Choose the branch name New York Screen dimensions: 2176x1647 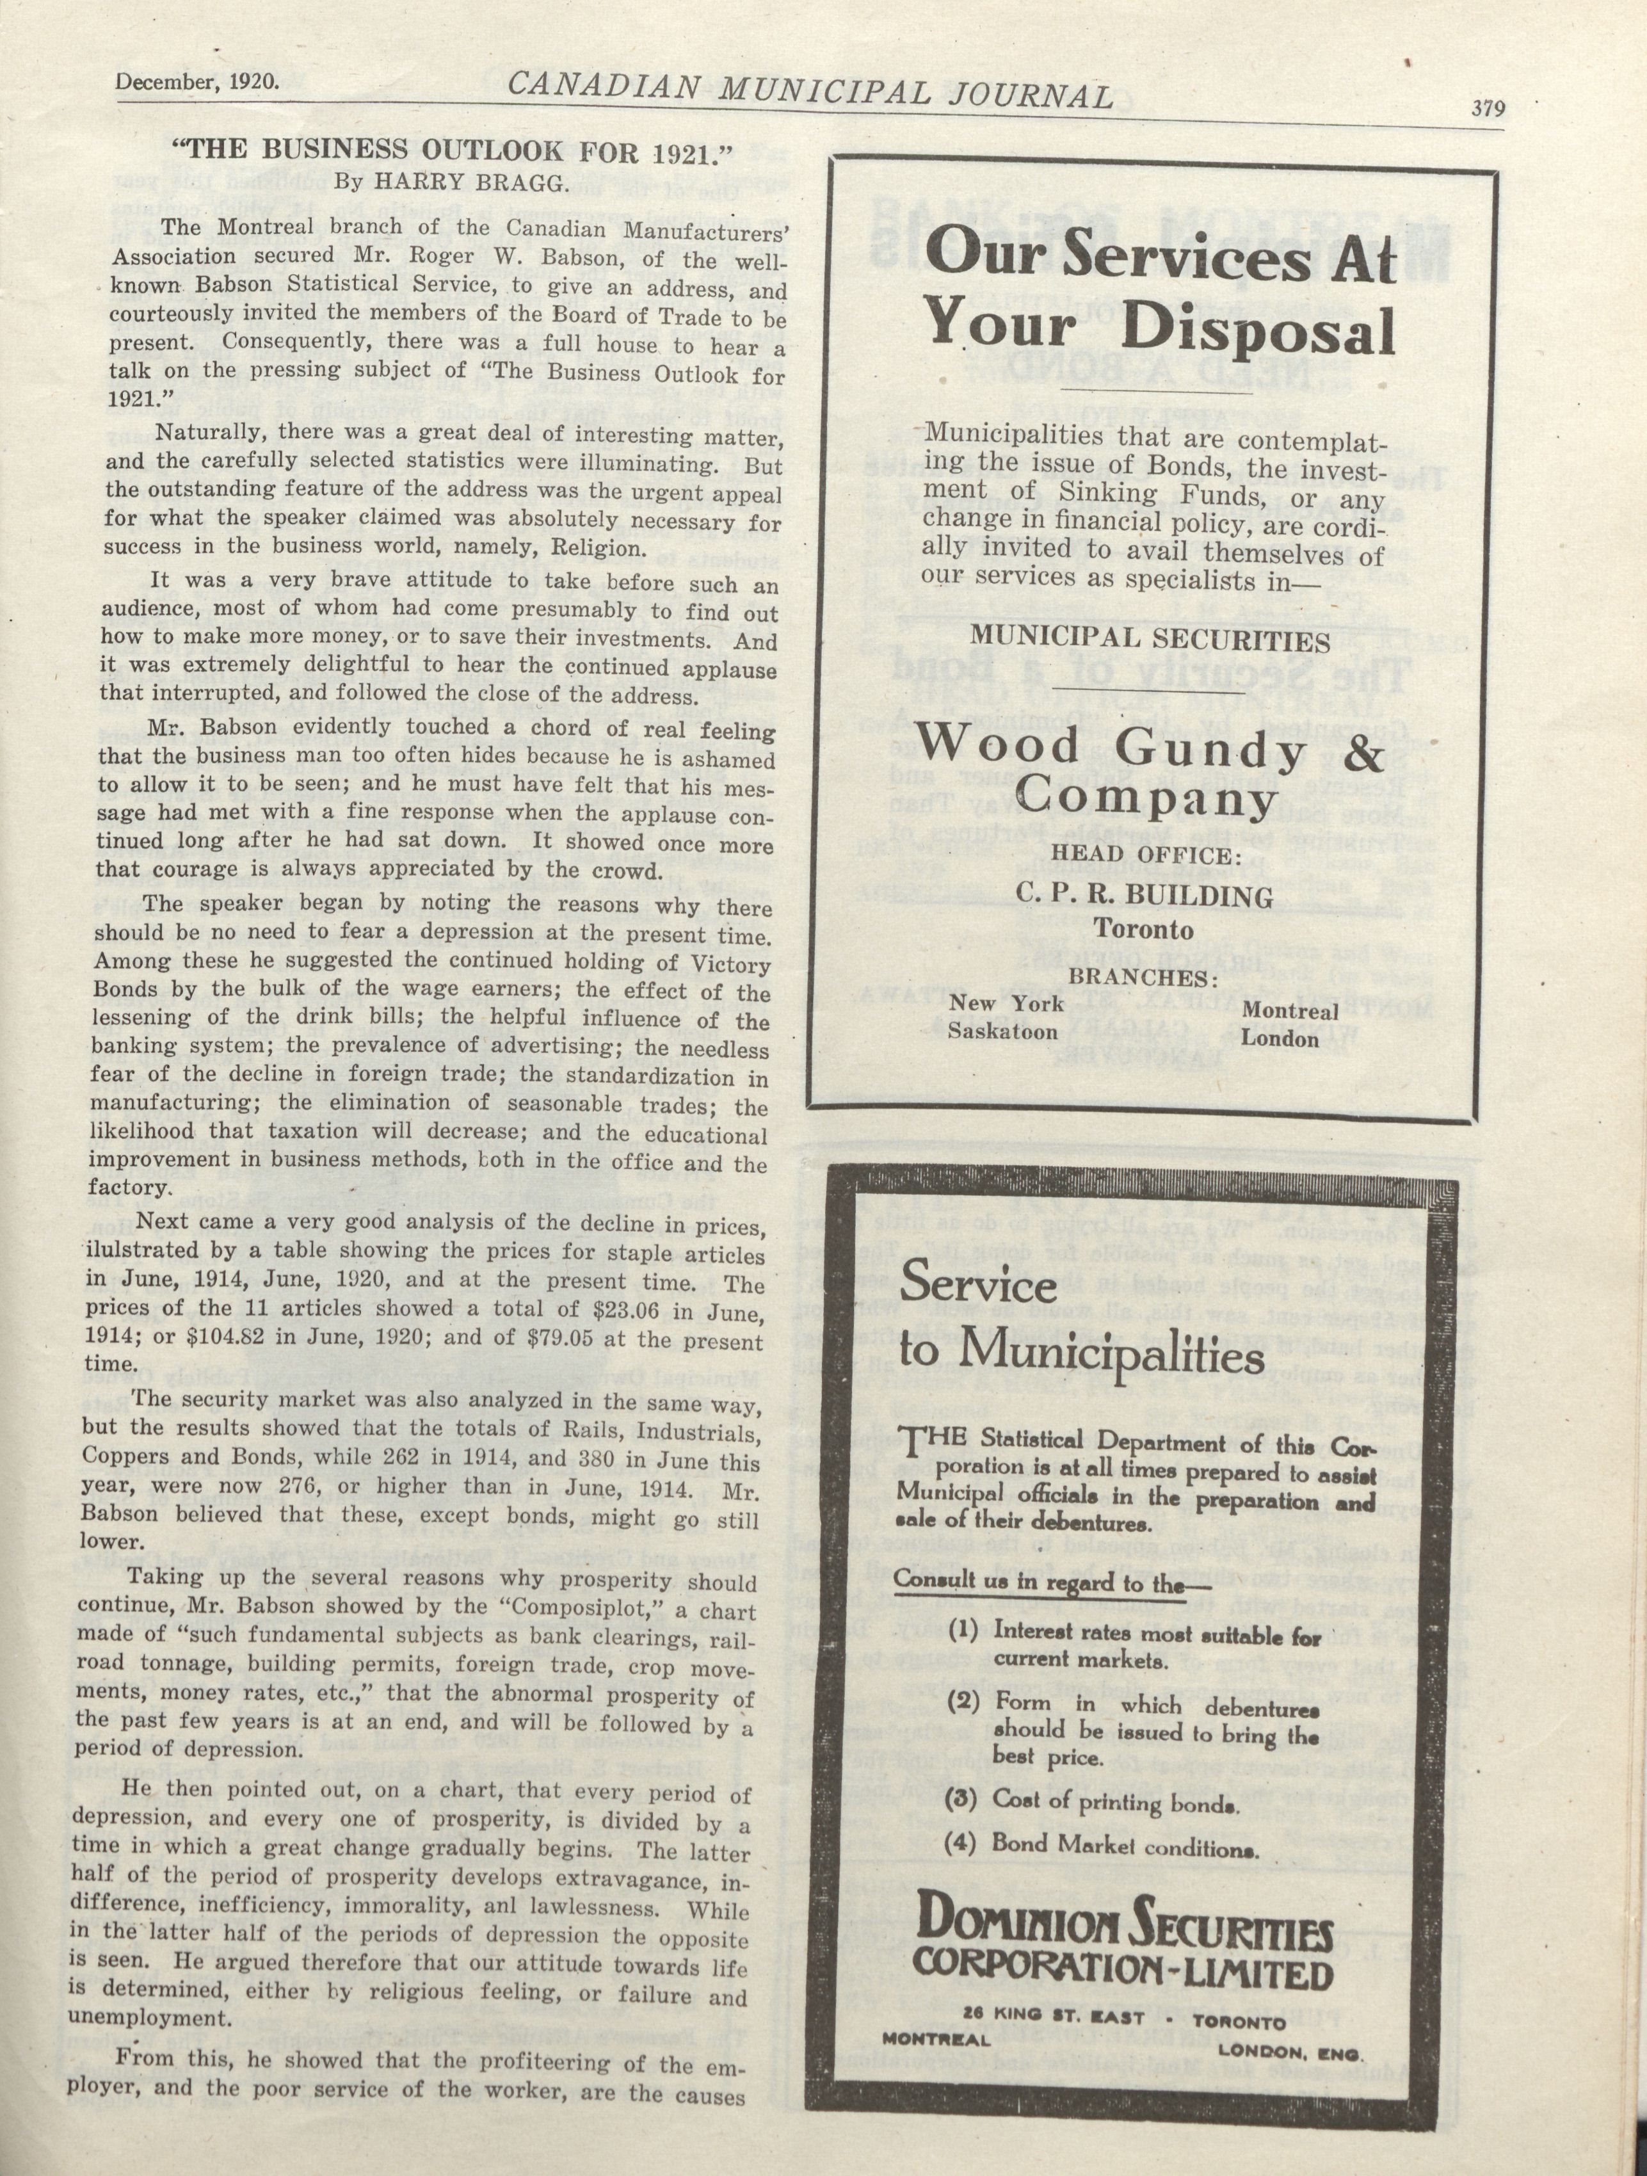tap(1006, 1003)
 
